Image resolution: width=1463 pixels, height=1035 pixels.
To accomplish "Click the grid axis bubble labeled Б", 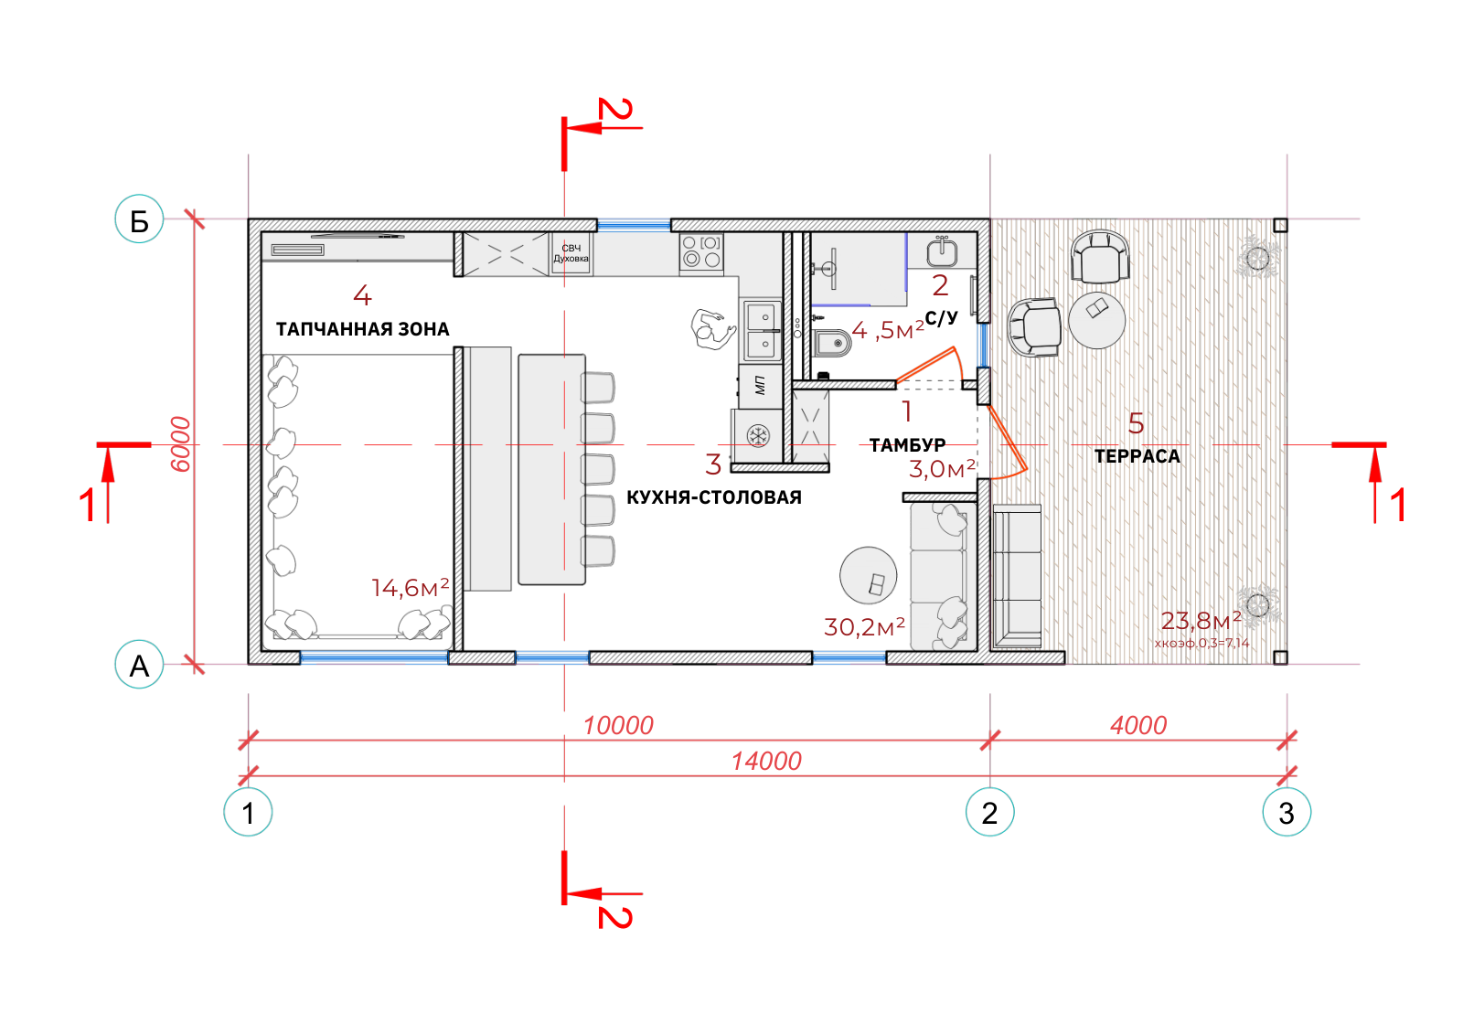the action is [x=139, y=219].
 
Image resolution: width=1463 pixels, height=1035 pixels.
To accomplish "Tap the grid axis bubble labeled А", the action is [x=139, y=666].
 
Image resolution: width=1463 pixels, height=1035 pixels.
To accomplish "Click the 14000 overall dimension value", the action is [x=767, y=762].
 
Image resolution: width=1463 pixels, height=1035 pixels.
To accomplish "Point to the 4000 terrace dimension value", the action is [x=1138, y=726].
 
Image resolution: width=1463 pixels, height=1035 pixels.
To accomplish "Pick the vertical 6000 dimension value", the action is [x=180, y=444].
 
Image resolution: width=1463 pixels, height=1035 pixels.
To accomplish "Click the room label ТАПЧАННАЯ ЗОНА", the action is [x=362, y=329].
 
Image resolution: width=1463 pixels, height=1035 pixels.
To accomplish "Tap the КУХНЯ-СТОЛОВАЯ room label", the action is [x=714, y=498].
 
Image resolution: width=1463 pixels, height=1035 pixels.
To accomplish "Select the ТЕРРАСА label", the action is [x=1137, y=457].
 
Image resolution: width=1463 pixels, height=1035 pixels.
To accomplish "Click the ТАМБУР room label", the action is [x=908, y=445].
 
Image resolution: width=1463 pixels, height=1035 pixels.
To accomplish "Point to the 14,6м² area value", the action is [x=411, y=588].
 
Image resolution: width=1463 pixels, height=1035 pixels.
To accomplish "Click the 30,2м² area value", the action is [x=864, y=627].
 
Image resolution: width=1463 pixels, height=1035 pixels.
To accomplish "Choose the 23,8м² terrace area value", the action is [x=1201, y=621].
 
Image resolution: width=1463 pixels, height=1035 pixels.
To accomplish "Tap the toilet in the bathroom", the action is [x=832, y=343].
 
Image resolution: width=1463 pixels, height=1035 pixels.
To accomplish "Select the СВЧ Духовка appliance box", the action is [x=571, y=254].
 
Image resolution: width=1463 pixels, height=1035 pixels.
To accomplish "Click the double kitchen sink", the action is [x=762, y=330].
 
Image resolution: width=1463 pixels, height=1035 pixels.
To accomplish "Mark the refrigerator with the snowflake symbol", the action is [x=758, y=436].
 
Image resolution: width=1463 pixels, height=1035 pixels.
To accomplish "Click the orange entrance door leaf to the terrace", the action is [x=1008, y=438].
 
